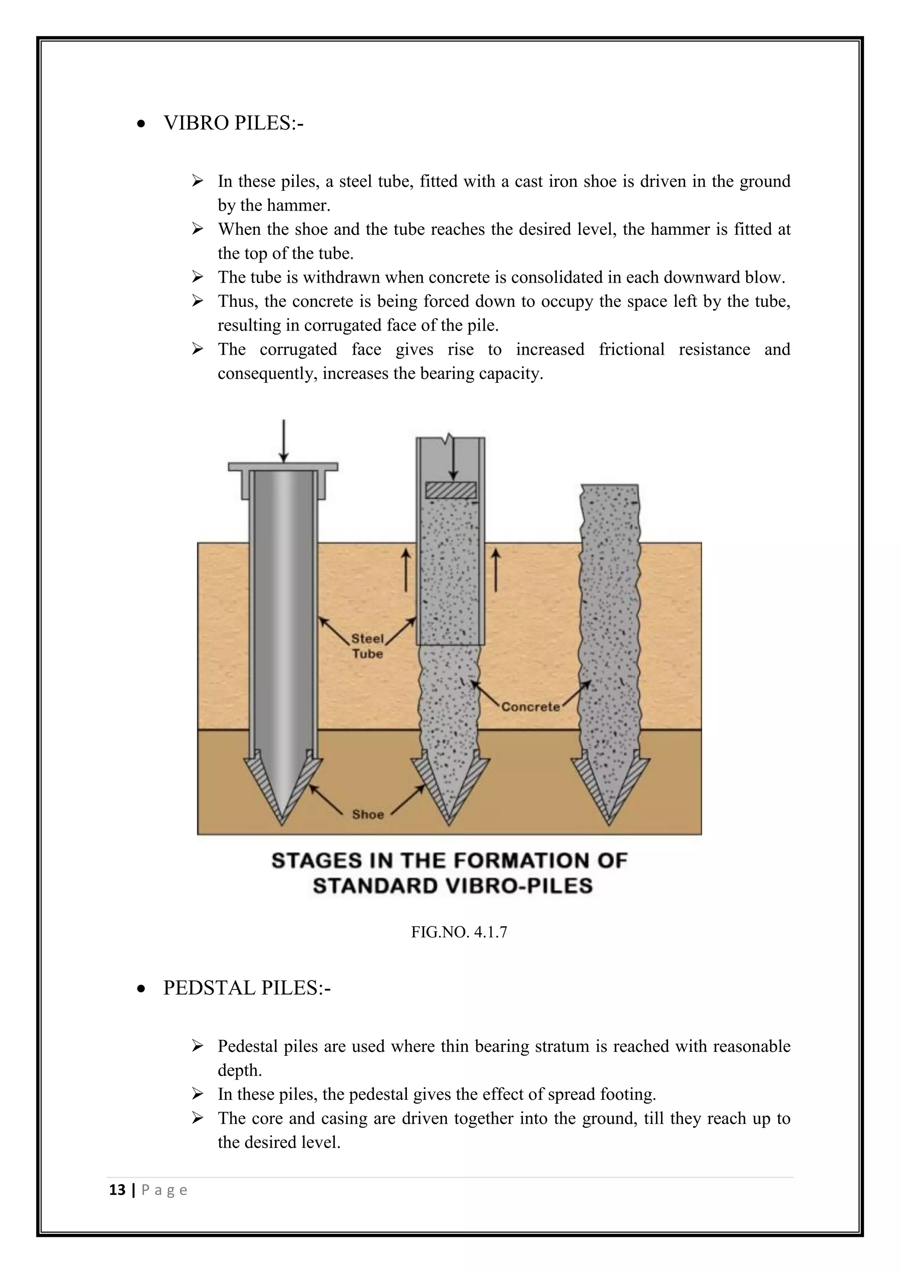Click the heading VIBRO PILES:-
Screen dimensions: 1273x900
click(x=233, y=123)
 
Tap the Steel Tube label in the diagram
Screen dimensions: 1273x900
click(x=367, y=646)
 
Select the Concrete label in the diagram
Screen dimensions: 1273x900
click(x=530, y=707)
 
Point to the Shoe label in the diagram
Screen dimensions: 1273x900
click(x=368, y=815)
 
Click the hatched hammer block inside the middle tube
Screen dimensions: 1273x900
click(x=450, y=490)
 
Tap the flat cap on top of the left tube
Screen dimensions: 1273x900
click(x=283, y=467)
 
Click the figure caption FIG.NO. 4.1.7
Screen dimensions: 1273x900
click(x=459, y=932)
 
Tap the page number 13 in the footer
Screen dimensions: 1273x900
click(x=117, y=1190)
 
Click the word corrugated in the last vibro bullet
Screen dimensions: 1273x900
click(x=298, y=349)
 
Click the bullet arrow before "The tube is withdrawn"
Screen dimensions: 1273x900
click(x=197, y=276)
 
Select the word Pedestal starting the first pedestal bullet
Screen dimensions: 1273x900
click(x=248, y=1046)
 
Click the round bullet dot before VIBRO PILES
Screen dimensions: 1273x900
click(x=142, y=125)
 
